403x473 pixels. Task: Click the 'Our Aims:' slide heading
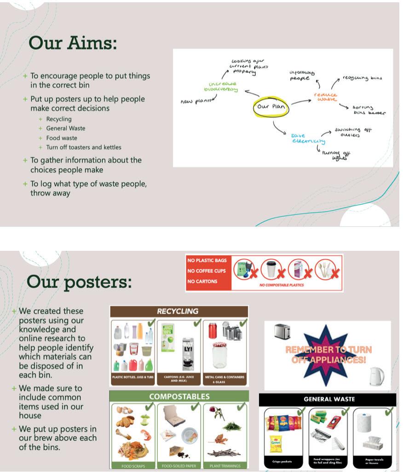coord(73,43)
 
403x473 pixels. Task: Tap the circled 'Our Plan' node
coord(271,107)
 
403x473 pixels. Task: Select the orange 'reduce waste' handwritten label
coord(325,96)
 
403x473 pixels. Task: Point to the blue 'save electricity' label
coord(308,138)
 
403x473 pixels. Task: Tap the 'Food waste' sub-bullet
coord(62,138)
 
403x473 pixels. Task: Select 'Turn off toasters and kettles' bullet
coord(84,148)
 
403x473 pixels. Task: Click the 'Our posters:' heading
coord(79,281)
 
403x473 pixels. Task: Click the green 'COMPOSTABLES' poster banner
coord(179,396)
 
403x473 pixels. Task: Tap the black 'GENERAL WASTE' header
coord(329,399)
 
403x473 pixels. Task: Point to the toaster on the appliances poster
coord(281,331)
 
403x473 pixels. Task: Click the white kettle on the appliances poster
coord(376,376)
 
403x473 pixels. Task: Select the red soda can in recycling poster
coord(212,331)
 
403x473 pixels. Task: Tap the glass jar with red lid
coord(219,355)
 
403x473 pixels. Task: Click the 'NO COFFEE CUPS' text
coord(206,271)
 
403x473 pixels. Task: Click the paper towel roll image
coord(364,423)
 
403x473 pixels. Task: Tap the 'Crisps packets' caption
coord(280,461)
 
